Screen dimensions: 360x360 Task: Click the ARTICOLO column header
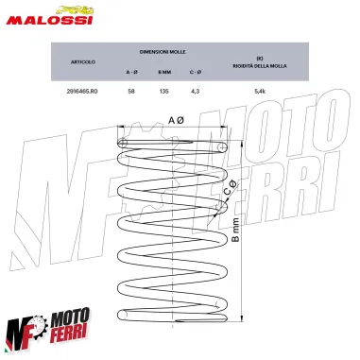coord(82,62)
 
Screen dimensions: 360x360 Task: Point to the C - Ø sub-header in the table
coord(195,71)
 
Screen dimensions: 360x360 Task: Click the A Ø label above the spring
coord(177,121)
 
